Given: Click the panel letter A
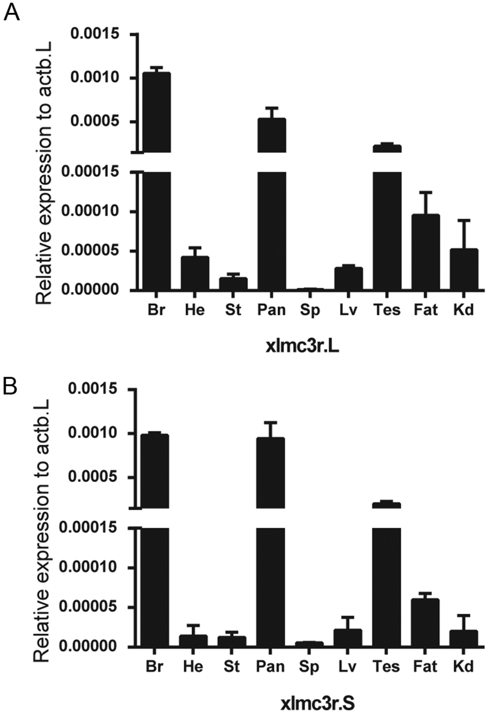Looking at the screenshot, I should (x=12, y=12).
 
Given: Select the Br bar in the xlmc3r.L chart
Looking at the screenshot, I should (x=157, y=184).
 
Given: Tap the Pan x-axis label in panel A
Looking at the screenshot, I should (x=271, y=310).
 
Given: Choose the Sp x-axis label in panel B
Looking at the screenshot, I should (x=310, y=667).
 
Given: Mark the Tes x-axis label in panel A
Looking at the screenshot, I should (x=387, y=310).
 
